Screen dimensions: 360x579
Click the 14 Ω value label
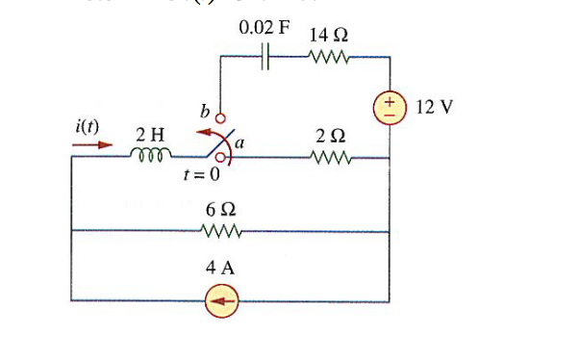point(329,35)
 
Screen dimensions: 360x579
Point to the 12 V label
point(435,105)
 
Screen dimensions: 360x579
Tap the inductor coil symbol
point(149,155)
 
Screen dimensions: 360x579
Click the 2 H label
point(149,134)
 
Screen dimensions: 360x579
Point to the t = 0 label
point(202,175)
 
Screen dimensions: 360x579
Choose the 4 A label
point(220,270)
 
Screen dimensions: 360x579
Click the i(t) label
point(91,126)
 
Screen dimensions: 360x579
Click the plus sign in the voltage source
point(390,99)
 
